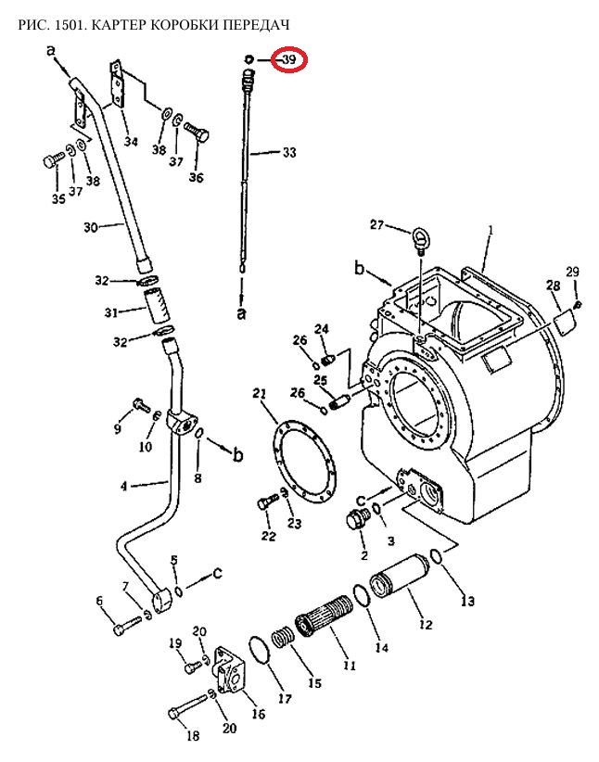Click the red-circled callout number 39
point(289,59)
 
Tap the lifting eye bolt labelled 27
point(420,240)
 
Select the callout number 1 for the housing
point(491,230)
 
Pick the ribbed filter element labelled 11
point(325,615)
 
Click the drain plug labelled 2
point(357,520)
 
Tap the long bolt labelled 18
point(187,707)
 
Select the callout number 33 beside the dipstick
point(289,153)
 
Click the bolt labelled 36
point(198,132)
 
